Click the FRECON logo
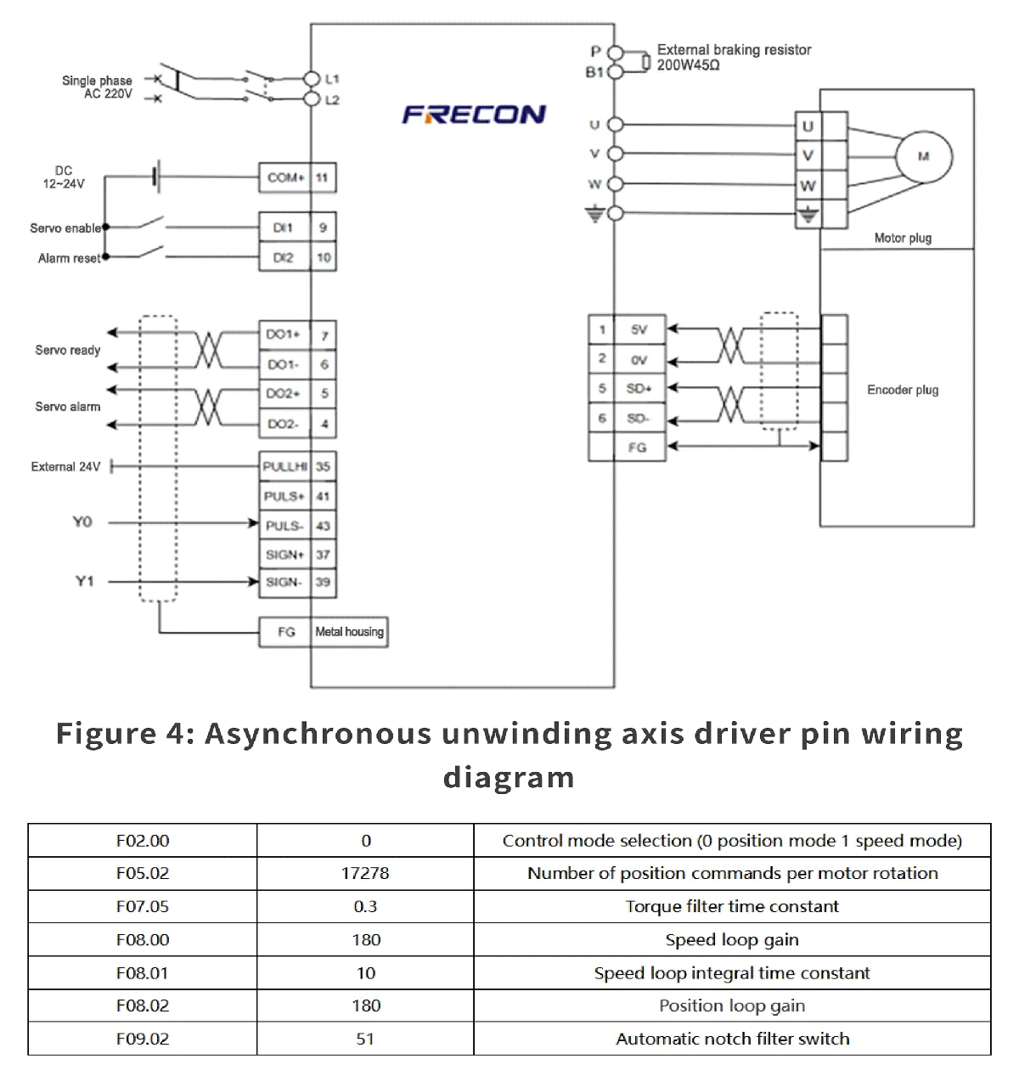[x=474, y=115]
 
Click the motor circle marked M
[x=924, y=156]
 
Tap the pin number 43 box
[x=324, y=526]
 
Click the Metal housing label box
[x=350, y=632]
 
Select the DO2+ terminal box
[x=284, y=394]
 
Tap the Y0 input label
[x=82, y=521]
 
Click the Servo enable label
[x=65, y=228]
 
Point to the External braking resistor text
[x=734, y=50]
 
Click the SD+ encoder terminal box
[x=639, y=388]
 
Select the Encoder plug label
[x=903, y=390]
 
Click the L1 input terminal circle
[x=312, y=79]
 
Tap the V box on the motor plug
[x=808, y=155]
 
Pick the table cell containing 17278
[x=365, y=873]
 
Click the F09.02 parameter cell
[x=143, y=1039]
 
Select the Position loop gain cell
[x=732, y=1006]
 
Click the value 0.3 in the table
[x=365, y=906]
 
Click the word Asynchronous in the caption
[x=318, y=733]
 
